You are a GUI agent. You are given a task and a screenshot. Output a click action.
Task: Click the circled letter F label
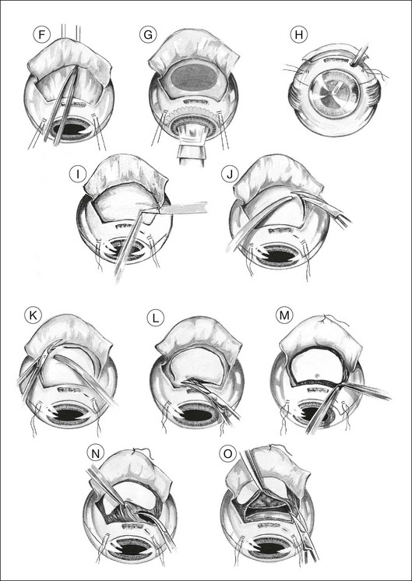(x=41, y=35)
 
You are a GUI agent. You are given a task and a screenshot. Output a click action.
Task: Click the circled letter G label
(x=148, y=34)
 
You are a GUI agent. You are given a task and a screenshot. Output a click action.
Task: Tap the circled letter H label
(x=299, y=35)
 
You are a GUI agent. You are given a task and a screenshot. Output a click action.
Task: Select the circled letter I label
(x=78, y=174)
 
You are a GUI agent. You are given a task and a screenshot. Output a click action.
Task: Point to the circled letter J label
(x=230, y=174)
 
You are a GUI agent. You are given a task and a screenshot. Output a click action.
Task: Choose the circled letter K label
(x=33, y=315)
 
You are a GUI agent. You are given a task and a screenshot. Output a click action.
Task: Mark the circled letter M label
(x=284, y=315)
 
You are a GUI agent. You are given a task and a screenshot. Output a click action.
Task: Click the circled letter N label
(x=96, y=454)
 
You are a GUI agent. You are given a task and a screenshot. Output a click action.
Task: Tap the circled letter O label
(x=227, y=454)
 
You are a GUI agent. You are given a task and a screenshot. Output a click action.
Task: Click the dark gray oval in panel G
(x=195, y=76)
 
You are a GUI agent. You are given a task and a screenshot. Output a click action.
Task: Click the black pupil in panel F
(x=72, y=129)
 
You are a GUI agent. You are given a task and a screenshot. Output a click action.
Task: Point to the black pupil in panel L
(x=195, y=415)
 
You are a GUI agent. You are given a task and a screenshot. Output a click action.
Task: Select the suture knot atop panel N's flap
(x=134, y=451)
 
